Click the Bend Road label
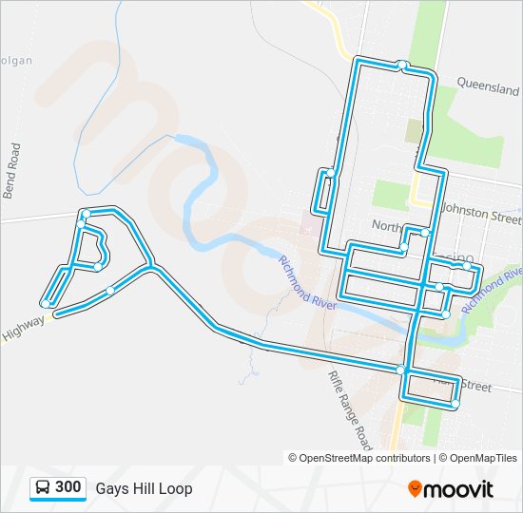pyautogui.click(x=12, y=170)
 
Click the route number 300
pyautogui.click(x=68, y=487)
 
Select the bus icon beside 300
pyautogui.click(x=43, y=488)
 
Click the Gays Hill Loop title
pyautogui.click(x=144, y=488)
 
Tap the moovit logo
pyautogui.click(x=451, y=489)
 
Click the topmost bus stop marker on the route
pyautogui.click(x=403, y=66)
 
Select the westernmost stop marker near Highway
pyautogui.click(x=46, y=304)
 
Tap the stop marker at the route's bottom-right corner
pyautogui.click(x=455, y=404)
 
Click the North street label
pyautogui.click(x=388, y=226)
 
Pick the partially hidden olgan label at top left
pyautogui.click(x=16, y=61)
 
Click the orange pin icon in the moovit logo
pyautogui.click(x=415, y=489)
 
